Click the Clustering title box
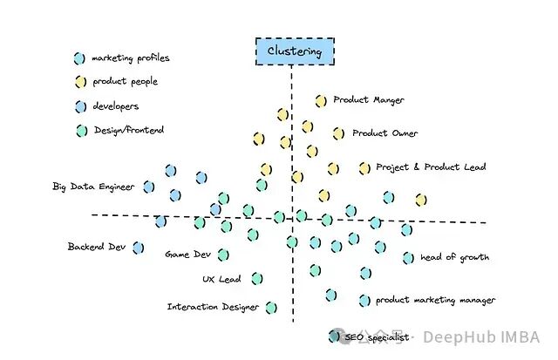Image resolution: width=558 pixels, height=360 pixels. pyautogui.click(x=294, y=51)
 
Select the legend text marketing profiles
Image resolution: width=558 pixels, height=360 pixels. pyautogui.click(x=131, y=58)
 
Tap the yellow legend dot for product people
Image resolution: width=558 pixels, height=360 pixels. pyautogui.click(x=79, y=82)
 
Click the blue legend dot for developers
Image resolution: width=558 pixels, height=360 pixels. pyautogui.click(x=79, y=106)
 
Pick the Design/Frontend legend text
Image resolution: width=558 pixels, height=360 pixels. pyautogui.click(x=128, y=131)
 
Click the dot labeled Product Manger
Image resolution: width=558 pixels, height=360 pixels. pyautogui.click(x=321, y=100)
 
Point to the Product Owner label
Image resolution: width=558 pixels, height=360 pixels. pyautogui.click(x=384, y=133)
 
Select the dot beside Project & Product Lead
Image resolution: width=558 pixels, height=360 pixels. pyautogui.click(x=364, y=167)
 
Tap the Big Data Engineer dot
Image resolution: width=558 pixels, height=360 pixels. pyautogui.click(x=148, y=187)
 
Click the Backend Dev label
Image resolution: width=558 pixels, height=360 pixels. pyautogui.click(x=98, y=247)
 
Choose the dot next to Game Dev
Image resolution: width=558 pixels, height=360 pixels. pyautogui.click(x=223, y=255)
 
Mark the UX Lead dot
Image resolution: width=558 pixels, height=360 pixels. pyautogui.click(x=257, y=279)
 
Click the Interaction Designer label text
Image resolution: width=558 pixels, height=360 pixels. pyautogui.click(x=213, y=307)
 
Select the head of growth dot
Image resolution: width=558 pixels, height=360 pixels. pyautogui.click(x=408, y=258)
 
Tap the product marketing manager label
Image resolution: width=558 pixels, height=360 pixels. pyautogui.click(x=435, y=300)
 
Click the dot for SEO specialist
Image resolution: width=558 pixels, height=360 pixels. pyautogui.click(x=333, y=336)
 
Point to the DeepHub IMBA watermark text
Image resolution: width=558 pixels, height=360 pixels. pyautogui.click(x=481, y=337)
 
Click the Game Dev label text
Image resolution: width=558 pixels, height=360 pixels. pyautogui.click(x=188, y=255)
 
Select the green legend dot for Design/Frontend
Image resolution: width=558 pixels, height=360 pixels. pyautogui.click(x=79, y=131)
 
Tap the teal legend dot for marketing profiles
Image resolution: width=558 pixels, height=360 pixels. pyautogui.click(x=79, y=58)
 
